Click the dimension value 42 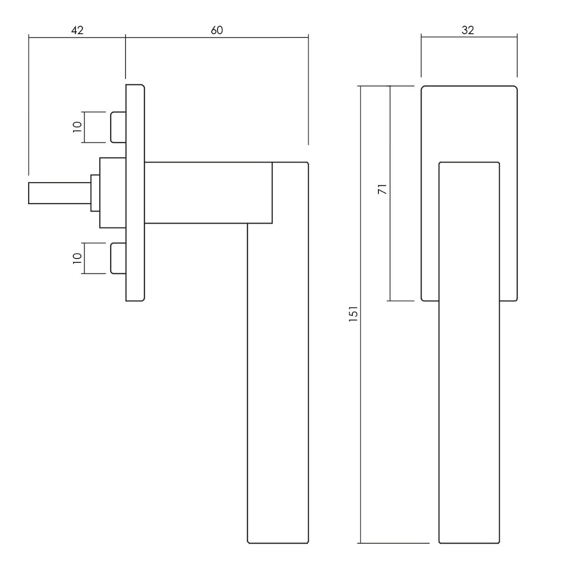click(77, 30)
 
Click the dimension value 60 click(217, 30)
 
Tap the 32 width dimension click(468, 30)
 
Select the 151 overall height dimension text click(353, 313)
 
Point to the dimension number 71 click(382, 189)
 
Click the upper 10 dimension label click(78, 127)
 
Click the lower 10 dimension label click(78, 259)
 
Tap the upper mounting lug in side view click(118, 127)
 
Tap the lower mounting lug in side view click(118, 259)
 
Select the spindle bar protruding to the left click(59, 193)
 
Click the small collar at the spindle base click(95, 193)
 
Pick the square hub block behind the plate click(113, 193)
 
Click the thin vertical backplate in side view click(135, 193)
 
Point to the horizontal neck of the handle click(208, 193)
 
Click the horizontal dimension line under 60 click(217, 37)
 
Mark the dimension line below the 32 click(469, 37)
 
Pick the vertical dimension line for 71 click(390, 193)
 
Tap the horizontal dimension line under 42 click(77, 37)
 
